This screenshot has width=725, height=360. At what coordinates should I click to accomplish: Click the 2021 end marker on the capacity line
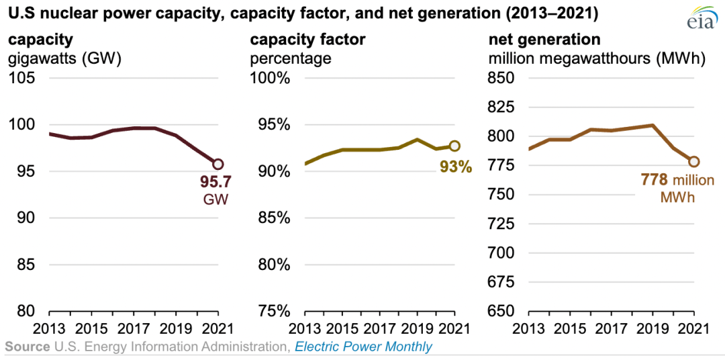point(218,164)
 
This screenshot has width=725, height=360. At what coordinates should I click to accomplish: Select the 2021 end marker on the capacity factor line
point(454,145)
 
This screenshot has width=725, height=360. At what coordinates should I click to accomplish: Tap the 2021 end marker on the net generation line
point(694,161)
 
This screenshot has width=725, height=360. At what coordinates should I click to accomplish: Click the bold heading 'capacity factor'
point(307,40)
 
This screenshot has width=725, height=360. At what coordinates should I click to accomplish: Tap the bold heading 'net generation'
point(544,40)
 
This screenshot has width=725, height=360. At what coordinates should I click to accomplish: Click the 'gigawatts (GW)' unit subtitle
point(64,58)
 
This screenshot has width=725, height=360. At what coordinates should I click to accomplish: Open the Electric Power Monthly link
point(364,347)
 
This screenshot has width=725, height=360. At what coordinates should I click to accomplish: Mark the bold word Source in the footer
point(27,347)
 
